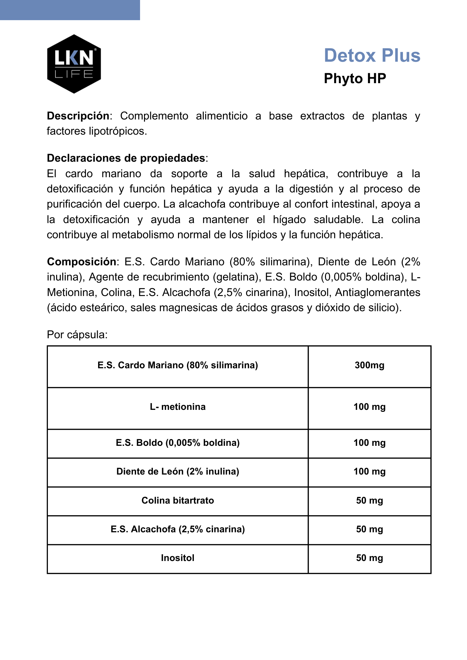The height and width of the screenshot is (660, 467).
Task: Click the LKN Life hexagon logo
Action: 74,64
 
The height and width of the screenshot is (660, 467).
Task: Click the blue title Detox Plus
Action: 372,55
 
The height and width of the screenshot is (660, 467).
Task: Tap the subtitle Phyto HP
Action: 355,79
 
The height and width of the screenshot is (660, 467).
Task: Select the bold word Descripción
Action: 78,116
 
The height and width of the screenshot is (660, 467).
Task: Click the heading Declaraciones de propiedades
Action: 126,158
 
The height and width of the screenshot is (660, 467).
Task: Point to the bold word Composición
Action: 82,262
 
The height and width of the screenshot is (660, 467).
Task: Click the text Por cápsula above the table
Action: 77,335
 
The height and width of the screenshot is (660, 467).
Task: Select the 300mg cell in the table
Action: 369,366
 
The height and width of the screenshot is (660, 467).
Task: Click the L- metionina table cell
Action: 178,407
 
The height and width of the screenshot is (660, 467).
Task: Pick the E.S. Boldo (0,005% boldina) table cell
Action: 178,443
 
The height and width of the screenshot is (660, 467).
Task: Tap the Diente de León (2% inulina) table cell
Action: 178,472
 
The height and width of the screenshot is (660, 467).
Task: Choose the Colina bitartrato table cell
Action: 178,501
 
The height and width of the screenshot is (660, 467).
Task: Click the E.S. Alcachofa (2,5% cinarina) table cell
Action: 178,529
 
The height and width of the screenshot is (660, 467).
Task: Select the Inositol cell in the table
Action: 178,558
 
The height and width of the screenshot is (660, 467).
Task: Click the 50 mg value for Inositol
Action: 369,558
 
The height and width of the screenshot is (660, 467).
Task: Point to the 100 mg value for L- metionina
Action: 369,407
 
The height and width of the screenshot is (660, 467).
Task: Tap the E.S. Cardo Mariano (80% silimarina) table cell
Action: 178,366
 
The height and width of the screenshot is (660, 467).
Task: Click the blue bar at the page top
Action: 70,10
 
